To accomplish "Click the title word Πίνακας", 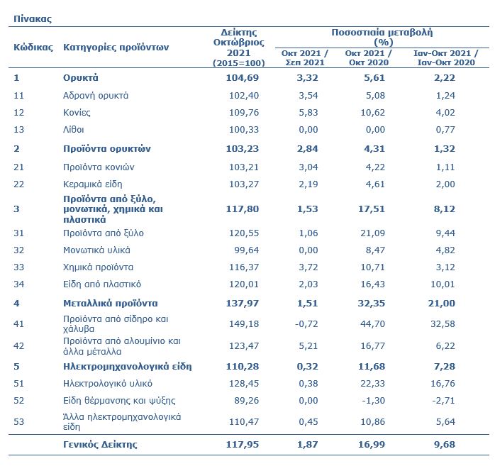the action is point(32,18).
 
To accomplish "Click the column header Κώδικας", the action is point(33,48).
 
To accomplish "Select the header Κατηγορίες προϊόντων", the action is point(116,48).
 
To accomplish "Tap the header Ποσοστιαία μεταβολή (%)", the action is point(382,38).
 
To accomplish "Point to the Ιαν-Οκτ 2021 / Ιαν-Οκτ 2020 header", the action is point(446,57).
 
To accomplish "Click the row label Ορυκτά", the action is point(81,77).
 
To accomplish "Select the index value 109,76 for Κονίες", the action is point(244,112).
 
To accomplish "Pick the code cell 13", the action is point(18,129).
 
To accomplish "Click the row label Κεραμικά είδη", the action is point(92,184).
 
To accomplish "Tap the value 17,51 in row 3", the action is point(372,209).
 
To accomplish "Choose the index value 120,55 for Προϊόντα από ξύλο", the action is point(244,233).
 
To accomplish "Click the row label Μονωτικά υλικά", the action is point(96,250).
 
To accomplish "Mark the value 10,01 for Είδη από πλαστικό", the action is point(443,284).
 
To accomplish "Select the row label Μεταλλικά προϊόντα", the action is point(110,304).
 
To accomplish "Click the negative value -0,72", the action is point(306,324).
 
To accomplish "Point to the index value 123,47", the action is point(244,345).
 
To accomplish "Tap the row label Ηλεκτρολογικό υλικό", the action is point(108,384).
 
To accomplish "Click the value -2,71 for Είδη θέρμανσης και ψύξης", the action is point(443,401).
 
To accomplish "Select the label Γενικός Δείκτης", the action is point(100,445).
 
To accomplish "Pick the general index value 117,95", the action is point(242,445).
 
